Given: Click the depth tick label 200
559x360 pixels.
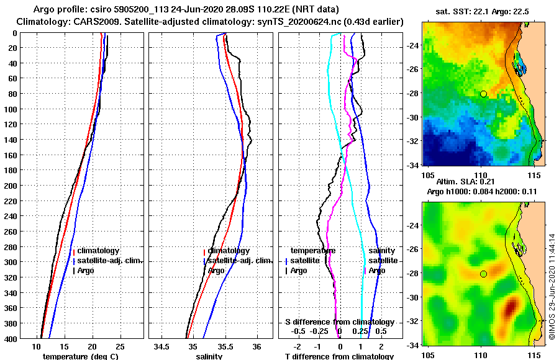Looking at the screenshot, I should point(11,186).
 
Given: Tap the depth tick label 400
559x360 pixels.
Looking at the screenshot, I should point(11,339).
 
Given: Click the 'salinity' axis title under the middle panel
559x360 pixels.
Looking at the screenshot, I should point(210,356).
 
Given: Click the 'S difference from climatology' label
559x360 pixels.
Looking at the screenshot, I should point(340,322).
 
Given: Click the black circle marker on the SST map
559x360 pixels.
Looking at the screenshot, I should point(483,94).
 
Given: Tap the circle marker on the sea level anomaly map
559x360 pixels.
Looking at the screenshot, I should point(483,274).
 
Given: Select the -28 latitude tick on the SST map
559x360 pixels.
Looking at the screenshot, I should point(412,94).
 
